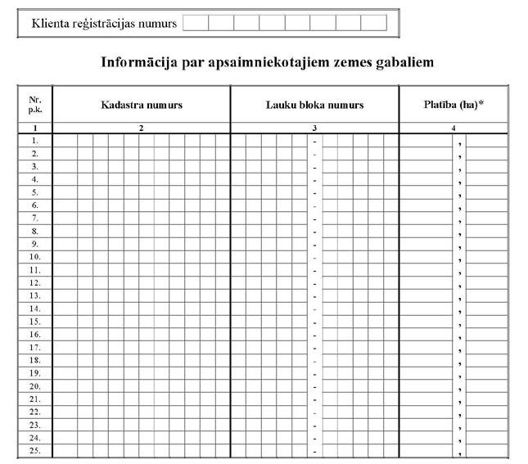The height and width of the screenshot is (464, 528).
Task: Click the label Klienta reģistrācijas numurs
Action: (x=104, y=23)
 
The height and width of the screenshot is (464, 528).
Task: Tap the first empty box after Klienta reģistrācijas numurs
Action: (x=196, y=23)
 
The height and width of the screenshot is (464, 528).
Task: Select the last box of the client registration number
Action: (x=372, y=23)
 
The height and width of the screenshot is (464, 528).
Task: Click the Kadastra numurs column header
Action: (x=142, y=106)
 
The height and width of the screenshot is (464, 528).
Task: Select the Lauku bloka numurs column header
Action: (x=314, y=106)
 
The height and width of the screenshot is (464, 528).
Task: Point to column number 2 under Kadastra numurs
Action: (x=142, y=128)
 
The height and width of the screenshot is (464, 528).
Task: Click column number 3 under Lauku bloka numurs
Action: (x=314, y=128)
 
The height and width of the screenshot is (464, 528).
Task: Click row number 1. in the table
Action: (x=34, y=140)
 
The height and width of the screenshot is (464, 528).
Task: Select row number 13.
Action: (x=34, y=295)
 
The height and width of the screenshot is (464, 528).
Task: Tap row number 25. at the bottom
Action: (x=34, y=450)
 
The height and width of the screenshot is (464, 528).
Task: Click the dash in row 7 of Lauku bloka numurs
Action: (x=314, y=218)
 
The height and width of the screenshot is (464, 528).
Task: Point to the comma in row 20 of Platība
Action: (x=461, y=388)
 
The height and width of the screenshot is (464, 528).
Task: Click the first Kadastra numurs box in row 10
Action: (x=61, y=256)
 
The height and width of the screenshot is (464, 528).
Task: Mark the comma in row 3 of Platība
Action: (x=461, y=168)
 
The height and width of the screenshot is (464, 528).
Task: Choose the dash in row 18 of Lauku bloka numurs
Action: (x=314, y=361)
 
